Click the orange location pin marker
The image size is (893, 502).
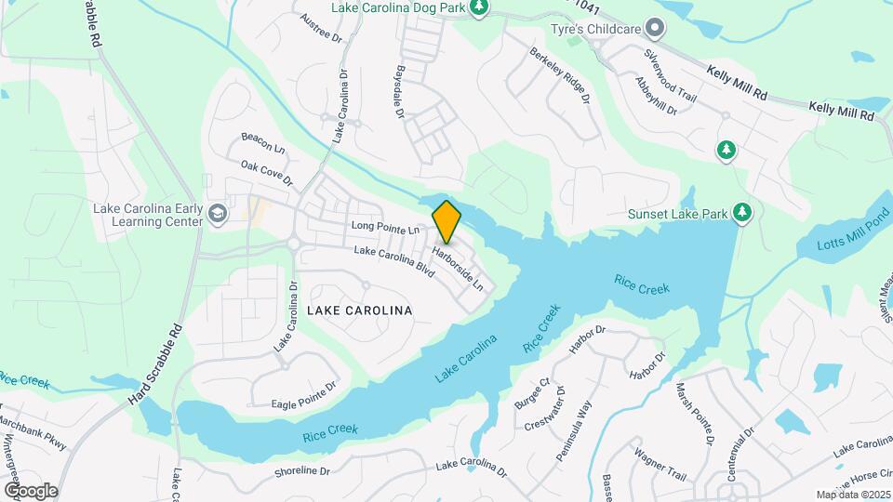coord(446,222)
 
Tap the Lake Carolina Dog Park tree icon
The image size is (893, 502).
coord(479,8)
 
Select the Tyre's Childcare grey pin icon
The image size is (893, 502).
coord(656,29)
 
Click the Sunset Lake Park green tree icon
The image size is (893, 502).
coord(742,214)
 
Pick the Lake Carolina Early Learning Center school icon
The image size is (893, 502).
coord(218,215)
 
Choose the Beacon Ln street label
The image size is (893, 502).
coord(262,142)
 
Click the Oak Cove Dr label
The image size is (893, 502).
coord(266,172)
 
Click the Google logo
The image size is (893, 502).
coord(31,490)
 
